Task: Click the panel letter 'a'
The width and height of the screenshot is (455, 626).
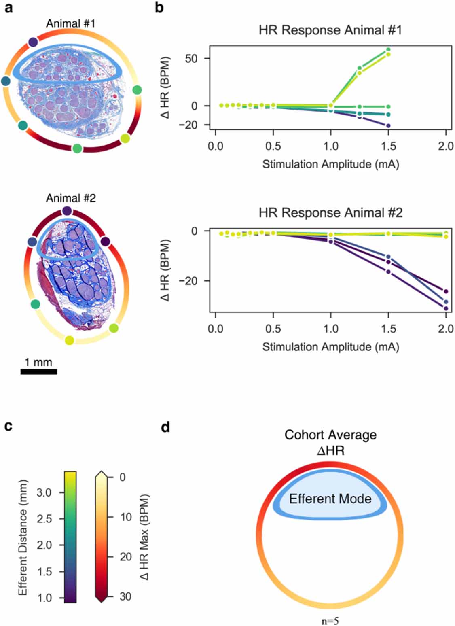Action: tap(8, 8)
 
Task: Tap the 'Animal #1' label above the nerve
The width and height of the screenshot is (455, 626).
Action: tap(70, 23)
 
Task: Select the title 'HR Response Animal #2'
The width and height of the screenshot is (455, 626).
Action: tap(330, 213)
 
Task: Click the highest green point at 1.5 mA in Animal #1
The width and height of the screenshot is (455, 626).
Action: tap(388, 50)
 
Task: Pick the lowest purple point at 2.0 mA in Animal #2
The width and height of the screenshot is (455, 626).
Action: tap(446, 308)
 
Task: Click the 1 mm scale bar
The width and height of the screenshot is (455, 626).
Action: tap(39, 371)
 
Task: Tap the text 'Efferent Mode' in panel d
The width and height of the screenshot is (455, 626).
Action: tap(330, 499)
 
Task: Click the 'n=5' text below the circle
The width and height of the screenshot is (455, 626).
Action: tap(330, 621)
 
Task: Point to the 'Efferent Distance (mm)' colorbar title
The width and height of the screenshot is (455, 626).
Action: tap(23, 537)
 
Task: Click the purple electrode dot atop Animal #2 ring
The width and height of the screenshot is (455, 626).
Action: tap(67, 211)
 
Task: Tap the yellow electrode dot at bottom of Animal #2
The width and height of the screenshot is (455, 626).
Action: tap(70, 340)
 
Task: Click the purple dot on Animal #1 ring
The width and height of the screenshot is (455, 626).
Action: tap(33, 42)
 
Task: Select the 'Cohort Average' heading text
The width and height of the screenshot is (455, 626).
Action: tap(330, 435)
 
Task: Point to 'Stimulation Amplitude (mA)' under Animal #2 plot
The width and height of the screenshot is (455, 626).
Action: tap(330, 347)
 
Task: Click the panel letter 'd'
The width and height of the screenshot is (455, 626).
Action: tap(165, 427)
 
